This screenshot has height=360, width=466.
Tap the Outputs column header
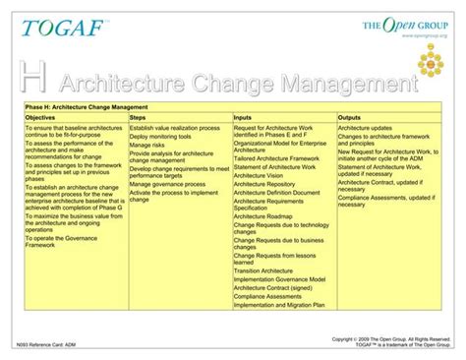click(351, 117)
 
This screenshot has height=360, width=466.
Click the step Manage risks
click(147, 145)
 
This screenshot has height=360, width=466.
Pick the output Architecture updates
click(366, 128)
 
